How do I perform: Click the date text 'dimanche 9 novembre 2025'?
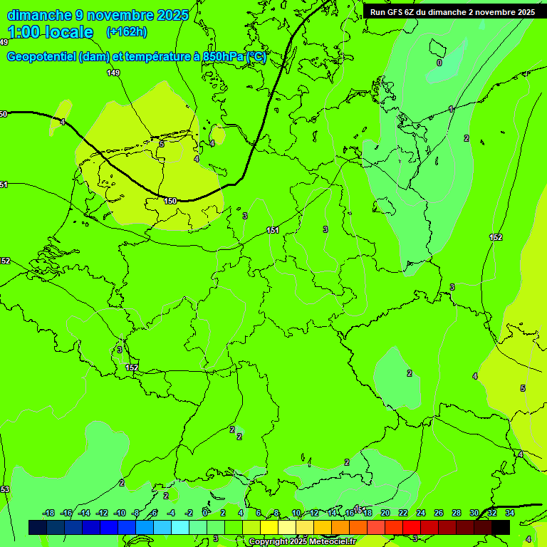[x=98, y=15]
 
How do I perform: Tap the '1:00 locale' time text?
[x=50, y=32]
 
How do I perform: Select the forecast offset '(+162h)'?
[x=126, y=32]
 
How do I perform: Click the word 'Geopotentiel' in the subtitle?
[x=41, y=57]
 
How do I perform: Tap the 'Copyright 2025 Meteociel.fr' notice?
[x=302, y=542]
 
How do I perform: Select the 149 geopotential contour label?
[x=113, y=73]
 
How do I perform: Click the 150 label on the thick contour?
[x=170, y=202]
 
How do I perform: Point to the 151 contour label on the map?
[x=273, y=230]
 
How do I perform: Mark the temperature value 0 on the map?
[x=439, y=63]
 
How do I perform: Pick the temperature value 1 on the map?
[x=451, y=109]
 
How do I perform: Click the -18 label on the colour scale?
[x=48, y=513]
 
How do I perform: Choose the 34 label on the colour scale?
[x=509, y=513]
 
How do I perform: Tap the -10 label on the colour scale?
[x=120, y=513]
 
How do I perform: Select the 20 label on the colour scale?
[x=385, y=513]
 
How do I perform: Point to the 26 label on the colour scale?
[x=438, y=513]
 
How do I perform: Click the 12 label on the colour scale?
[x=314, y=513]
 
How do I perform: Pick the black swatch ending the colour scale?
[x=501, y=527]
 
